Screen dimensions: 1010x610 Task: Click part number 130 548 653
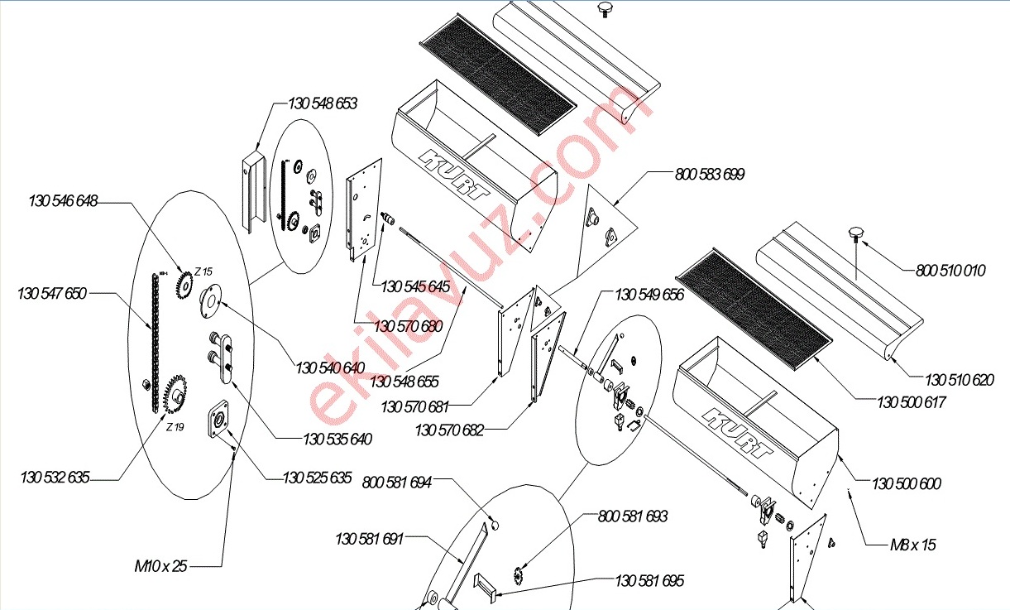[323, 103]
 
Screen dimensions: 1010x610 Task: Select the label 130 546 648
[63, 201]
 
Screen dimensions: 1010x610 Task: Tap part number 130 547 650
[52, 294]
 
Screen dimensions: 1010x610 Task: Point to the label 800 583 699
[710, 174]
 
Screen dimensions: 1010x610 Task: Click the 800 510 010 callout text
[950, 271]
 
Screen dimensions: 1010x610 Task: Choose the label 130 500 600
[907, 484]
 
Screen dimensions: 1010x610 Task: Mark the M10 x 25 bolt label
[160, 566]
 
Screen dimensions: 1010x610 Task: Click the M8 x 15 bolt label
[913, 545]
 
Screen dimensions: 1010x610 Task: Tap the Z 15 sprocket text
[203, 271]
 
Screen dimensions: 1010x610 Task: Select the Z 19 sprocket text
[175, 427]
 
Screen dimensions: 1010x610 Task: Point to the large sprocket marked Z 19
[175, 394]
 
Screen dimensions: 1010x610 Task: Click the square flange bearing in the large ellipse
[219, 419]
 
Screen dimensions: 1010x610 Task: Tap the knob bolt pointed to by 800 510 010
[854, 237]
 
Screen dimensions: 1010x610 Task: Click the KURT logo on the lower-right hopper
[738, 433]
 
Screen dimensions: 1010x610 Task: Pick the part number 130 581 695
[649, 581]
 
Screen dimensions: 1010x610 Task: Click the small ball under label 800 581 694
[495, 526]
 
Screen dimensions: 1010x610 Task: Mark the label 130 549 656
[649, 295]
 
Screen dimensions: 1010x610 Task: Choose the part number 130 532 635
[55, 478]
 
